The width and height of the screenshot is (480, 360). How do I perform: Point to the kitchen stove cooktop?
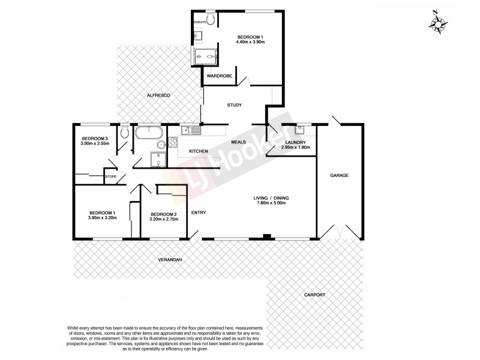pyautogui.click(x=172, y=143)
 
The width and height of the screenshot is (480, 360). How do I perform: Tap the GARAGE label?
pyautogui.click(x=339, y=175)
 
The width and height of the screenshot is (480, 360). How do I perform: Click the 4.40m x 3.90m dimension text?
pyautogui.click(x=250, y=44)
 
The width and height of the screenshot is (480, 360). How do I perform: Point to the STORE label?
pyautogui.click(x=110, y=177)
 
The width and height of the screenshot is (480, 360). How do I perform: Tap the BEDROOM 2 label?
pyautogui.click(x=163, y=214)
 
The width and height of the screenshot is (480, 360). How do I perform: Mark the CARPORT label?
pyautogui.click(x=314, y=295)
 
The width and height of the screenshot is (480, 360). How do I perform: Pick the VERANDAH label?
pyautogui.click(x=170, y=259)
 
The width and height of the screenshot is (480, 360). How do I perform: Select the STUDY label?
pyautogui.click(x=234, y=106)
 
